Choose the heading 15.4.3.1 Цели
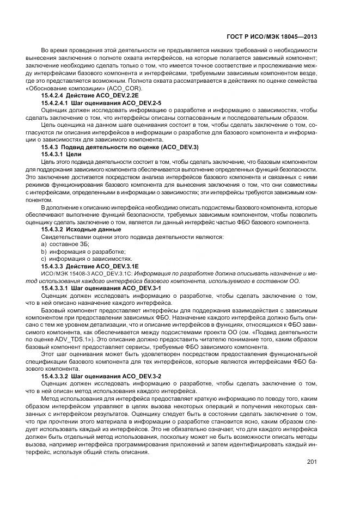point(59,154)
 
